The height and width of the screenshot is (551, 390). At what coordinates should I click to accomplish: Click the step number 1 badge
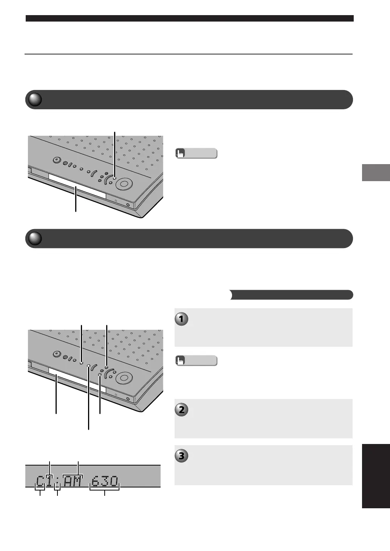pos(181,319)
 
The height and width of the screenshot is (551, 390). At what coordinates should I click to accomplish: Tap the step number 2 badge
pos(181,410)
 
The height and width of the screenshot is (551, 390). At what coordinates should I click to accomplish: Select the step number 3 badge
pos(181,456)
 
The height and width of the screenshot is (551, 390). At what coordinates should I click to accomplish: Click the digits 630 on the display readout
pos(105,481)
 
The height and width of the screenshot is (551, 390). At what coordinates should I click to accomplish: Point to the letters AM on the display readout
pos(72,481)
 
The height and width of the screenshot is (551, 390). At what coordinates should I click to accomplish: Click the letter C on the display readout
pos(40,481)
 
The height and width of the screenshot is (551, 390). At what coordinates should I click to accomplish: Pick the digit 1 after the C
pos(49,481)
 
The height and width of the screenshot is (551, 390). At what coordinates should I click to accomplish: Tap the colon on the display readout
pos(57,481)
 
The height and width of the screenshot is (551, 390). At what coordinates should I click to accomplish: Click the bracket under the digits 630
pos(104,490)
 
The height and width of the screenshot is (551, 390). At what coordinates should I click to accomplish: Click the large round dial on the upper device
pos(124,184)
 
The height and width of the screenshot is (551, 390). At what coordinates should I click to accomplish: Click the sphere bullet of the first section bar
pos(35,99)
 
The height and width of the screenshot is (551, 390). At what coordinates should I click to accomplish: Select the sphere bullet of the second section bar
pos(35,238)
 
